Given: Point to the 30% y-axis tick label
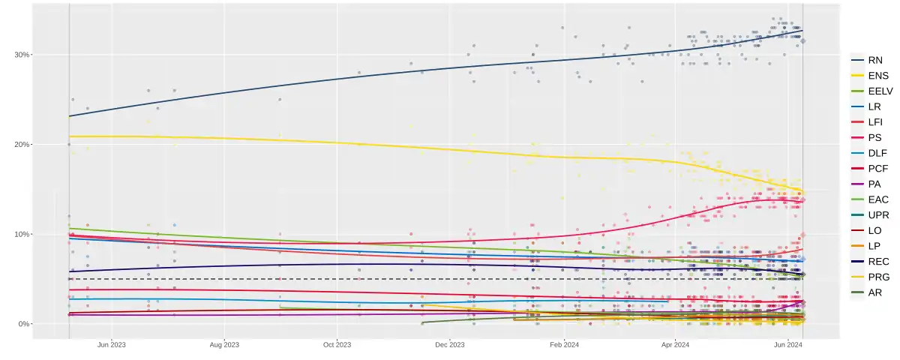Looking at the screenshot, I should point(21,55).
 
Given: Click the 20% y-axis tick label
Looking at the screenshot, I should point(21,145).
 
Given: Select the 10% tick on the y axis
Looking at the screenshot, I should point(21,234).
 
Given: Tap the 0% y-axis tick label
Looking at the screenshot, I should point(23,324).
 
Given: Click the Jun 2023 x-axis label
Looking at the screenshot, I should point(112,345).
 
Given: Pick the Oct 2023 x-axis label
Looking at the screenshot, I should point(337,345).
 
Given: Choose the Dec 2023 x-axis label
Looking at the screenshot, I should point(449,345).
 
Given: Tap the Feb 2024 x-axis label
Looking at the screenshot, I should point(564,345).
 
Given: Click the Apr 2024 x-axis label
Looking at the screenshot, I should point(675,345).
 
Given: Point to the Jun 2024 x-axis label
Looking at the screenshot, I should point(788,345).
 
